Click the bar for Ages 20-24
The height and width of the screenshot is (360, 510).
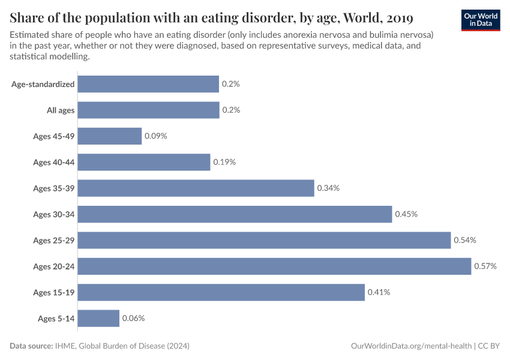(x=274, y=266)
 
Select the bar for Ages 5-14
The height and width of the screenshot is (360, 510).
(x=98, y=318)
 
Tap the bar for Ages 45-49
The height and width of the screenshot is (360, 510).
(x=110, y=136)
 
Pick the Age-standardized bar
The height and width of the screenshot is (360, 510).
(x=148, y=84)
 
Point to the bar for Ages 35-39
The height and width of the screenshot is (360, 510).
(x=196, y=188)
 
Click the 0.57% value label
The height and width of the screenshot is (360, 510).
(x=485, y=266)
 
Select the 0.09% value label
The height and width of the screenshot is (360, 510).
(x=156, y=136)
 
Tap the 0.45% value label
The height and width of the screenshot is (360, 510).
(x=406, y=214)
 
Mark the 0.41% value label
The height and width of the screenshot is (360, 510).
(x=379, y=292)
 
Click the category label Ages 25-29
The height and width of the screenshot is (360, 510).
(x=54, y=241)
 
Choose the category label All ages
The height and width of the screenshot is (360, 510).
(x=61, y=110)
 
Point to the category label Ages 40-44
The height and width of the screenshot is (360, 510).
(x=54, y=163)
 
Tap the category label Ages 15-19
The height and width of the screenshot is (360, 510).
(x=54, y=292)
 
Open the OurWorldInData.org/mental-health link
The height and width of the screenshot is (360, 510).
(x=411, y=346)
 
